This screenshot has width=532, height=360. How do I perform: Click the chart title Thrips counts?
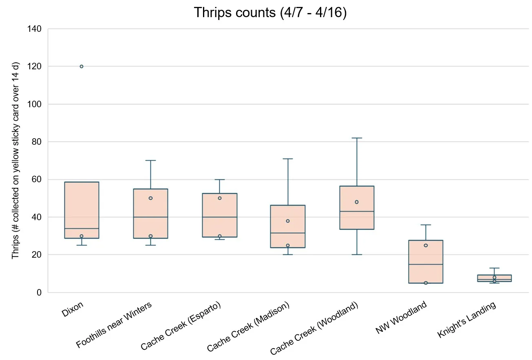tap(270, 13)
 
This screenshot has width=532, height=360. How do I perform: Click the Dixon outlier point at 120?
tap(82, 66)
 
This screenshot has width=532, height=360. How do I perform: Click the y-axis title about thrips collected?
tap(15, 160)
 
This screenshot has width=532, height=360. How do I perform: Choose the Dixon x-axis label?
tap(73, 309)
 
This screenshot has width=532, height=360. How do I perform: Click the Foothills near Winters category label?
tap(114, 325)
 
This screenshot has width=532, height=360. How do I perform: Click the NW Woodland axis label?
tap(401, 317)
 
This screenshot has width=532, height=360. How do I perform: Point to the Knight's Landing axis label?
tap(466, 320)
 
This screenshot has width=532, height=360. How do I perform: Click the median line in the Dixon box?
tap(82, 228)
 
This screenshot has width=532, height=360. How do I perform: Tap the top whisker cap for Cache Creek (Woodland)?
tap(357, 138)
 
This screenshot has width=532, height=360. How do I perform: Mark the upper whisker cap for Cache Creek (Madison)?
tap(288, 159)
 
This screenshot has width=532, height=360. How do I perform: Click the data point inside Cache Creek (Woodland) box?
tap(357, 202)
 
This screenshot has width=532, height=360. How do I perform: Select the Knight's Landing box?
tap(494, 278)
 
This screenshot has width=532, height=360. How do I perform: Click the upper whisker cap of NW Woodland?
tap(426, 225)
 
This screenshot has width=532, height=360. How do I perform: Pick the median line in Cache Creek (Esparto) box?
tap(219, 217)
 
